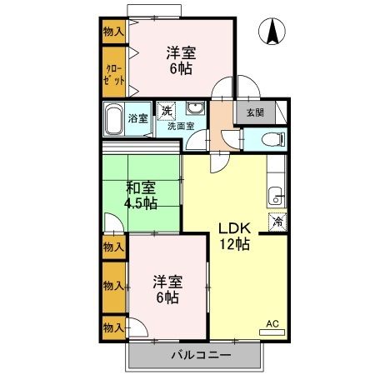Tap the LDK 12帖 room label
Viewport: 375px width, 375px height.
pyautogui.click(x=233, y=236)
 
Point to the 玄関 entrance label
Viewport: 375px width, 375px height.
pyautogui.click(x=252, y=112)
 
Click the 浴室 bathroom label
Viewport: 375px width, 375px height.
pyautogui.click(x=138, y=118)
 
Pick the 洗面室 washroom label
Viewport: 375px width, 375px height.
pyautogui.click(x=180, y=127)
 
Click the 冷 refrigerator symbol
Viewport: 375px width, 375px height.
pyautogui.click(x=277, y=222)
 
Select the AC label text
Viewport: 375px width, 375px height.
pyautogui.click(x=272, y=323)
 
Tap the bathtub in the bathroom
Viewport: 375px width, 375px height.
pyautogui.click(x=114, y=119)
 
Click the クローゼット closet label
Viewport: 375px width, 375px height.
pyautogui.click(x=114, y=74)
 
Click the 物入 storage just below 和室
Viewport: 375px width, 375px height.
pyautogui.click(x=113, y=247)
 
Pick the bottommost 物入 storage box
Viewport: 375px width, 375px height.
pyautogui.click(x=113, y=326)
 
